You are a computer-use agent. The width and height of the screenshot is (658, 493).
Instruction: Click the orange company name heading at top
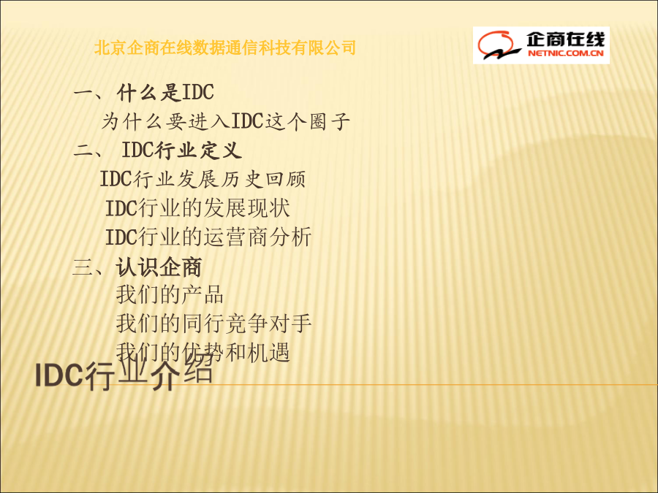[225, 47]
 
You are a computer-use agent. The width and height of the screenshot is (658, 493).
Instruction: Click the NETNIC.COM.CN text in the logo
[565, 53]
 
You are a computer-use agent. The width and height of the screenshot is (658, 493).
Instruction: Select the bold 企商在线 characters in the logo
[565, 39]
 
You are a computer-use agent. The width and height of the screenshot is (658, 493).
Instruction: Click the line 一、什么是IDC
[144, 92]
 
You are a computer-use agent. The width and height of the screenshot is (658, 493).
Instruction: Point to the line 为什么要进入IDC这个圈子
[226, 121]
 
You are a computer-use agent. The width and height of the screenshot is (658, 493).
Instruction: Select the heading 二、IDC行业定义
[158, 150]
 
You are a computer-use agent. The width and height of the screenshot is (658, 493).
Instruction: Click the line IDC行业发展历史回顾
[203, 179]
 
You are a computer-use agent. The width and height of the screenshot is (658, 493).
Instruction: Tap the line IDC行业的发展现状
[197, 208]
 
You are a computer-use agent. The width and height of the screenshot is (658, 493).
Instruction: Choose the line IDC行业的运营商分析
[208, 237]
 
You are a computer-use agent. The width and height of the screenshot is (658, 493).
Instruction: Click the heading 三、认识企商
[137, 267]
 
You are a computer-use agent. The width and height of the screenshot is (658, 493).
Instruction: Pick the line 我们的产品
[170, 294]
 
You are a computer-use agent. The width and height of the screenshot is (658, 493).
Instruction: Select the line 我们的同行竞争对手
[213, 324]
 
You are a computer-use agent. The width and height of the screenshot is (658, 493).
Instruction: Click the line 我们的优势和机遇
[203, 351]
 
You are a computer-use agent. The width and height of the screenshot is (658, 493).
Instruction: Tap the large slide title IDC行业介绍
[124, 375]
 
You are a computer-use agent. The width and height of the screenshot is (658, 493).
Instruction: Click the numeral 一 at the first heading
[83, 93]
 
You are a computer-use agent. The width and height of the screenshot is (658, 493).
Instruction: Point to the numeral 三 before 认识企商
[82, 267]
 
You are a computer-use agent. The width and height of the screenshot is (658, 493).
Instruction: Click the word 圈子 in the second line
[330, 121]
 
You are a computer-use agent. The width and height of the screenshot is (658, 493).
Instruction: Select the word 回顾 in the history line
[285, 179]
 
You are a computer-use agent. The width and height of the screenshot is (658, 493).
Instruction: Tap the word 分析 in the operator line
[290, 237]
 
